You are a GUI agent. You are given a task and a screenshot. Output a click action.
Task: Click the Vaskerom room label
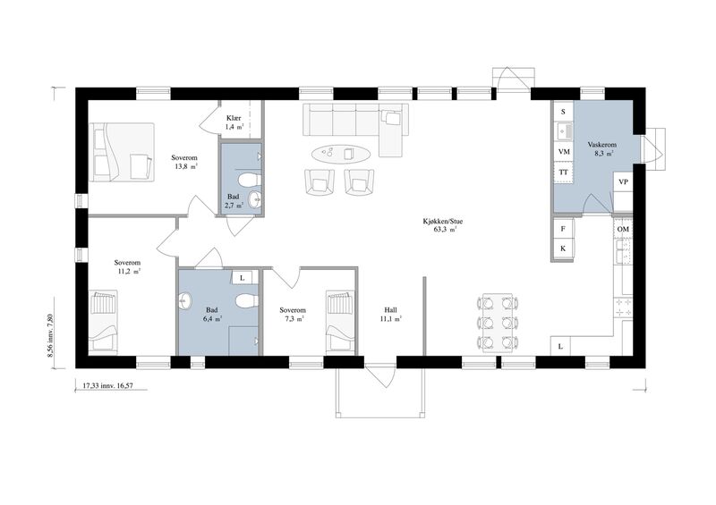point(601,145)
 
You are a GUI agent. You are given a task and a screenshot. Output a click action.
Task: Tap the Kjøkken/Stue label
point(442,222)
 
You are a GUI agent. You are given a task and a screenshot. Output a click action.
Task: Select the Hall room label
point(390,311)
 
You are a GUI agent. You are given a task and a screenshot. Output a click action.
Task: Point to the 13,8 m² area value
point(186,166)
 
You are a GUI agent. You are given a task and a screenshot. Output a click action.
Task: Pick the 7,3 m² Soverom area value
point(293,319)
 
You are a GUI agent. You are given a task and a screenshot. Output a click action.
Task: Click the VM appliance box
point(564,151)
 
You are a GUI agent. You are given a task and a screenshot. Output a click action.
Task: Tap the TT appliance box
point(564,173)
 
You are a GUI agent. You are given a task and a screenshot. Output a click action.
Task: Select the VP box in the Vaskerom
point(623,181)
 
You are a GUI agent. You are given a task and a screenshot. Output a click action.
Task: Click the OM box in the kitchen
point(623,229)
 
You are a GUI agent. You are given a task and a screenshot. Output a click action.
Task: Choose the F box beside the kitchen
point(563,229)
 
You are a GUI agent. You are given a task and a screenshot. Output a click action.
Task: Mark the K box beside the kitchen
point(563,248)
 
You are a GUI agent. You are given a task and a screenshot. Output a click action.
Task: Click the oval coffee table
point(341,153)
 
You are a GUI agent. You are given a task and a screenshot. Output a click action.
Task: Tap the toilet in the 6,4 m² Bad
point(248,300)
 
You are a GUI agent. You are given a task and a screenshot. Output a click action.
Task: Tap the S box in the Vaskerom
point(564,112)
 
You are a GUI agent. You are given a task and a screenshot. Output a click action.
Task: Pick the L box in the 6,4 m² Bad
point(243,277)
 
